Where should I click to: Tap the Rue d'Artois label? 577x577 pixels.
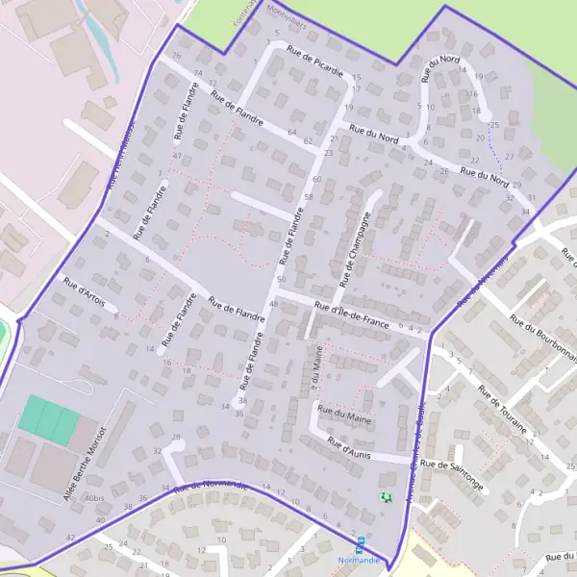84,292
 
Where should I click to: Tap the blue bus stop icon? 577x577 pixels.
361,542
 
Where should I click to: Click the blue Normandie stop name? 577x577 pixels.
359,559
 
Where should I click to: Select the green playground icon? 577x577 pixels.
386,497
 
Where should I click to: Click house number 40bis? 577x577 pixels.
94,498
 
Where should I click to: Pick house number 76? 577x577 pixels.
176,55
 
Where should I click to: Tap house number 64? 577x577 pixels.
291,132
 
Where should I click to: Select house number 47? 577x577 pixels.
177,155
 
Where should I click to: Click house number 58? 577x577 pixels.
308,197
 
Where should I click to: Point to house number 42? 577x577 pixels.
70,537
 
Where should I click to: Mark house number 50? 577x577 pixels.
281,279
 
